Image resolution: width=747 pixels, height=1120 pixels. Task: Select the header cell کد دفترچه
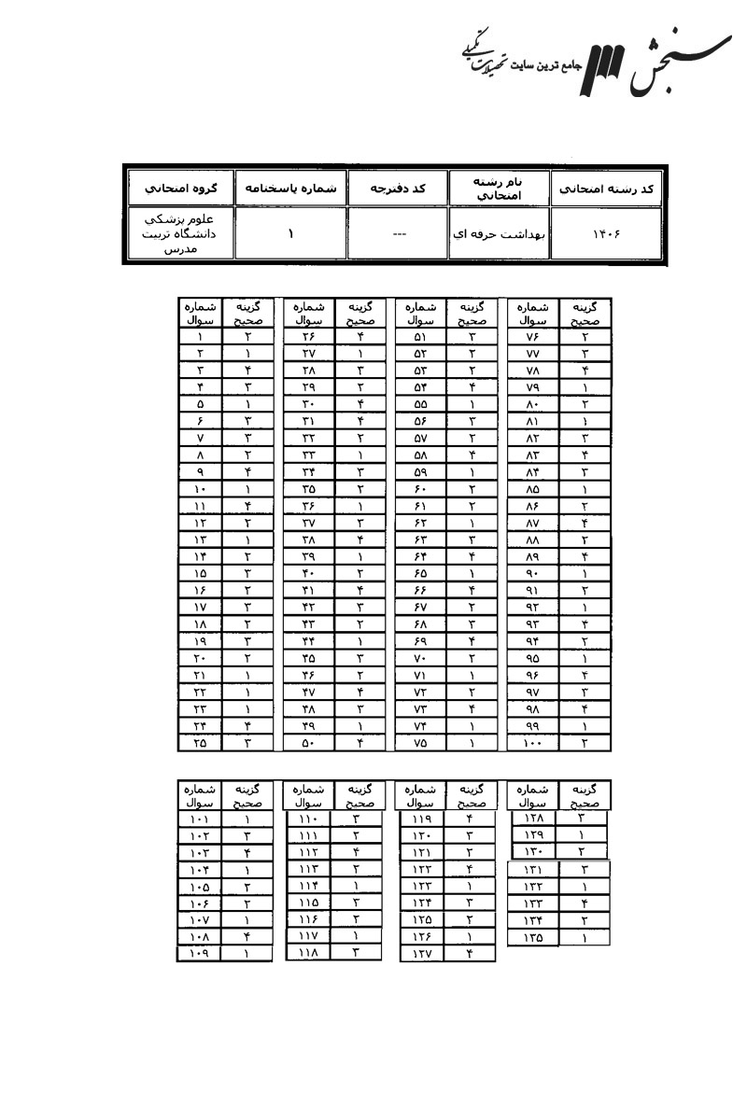pos(398,189)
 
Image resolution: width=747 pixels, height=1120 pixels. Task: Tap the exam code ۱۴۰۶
pos(607,233)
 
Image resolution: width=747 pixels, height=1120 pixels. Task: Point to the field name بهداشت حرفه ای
pos(500,233)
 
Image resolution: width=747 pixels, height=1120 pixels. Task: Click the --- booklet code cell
pos(398,233)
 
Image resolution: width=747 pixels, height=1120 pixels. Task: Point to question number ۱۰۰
pos(532,743)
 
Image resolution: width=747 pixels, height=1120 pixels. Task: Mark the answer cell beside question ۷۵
pos(472,743)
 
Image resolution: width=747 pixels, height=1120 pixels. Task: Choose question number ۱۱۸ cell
pos(308,953)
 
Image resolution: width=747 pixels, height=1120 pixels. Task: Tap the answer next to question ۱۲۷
pos(472,953)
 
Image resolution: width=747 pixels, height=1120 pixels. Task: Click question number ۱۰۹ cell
pos(199,953)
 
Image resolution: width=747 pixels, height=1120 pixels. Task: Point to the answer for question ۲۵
pos(248,743)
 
